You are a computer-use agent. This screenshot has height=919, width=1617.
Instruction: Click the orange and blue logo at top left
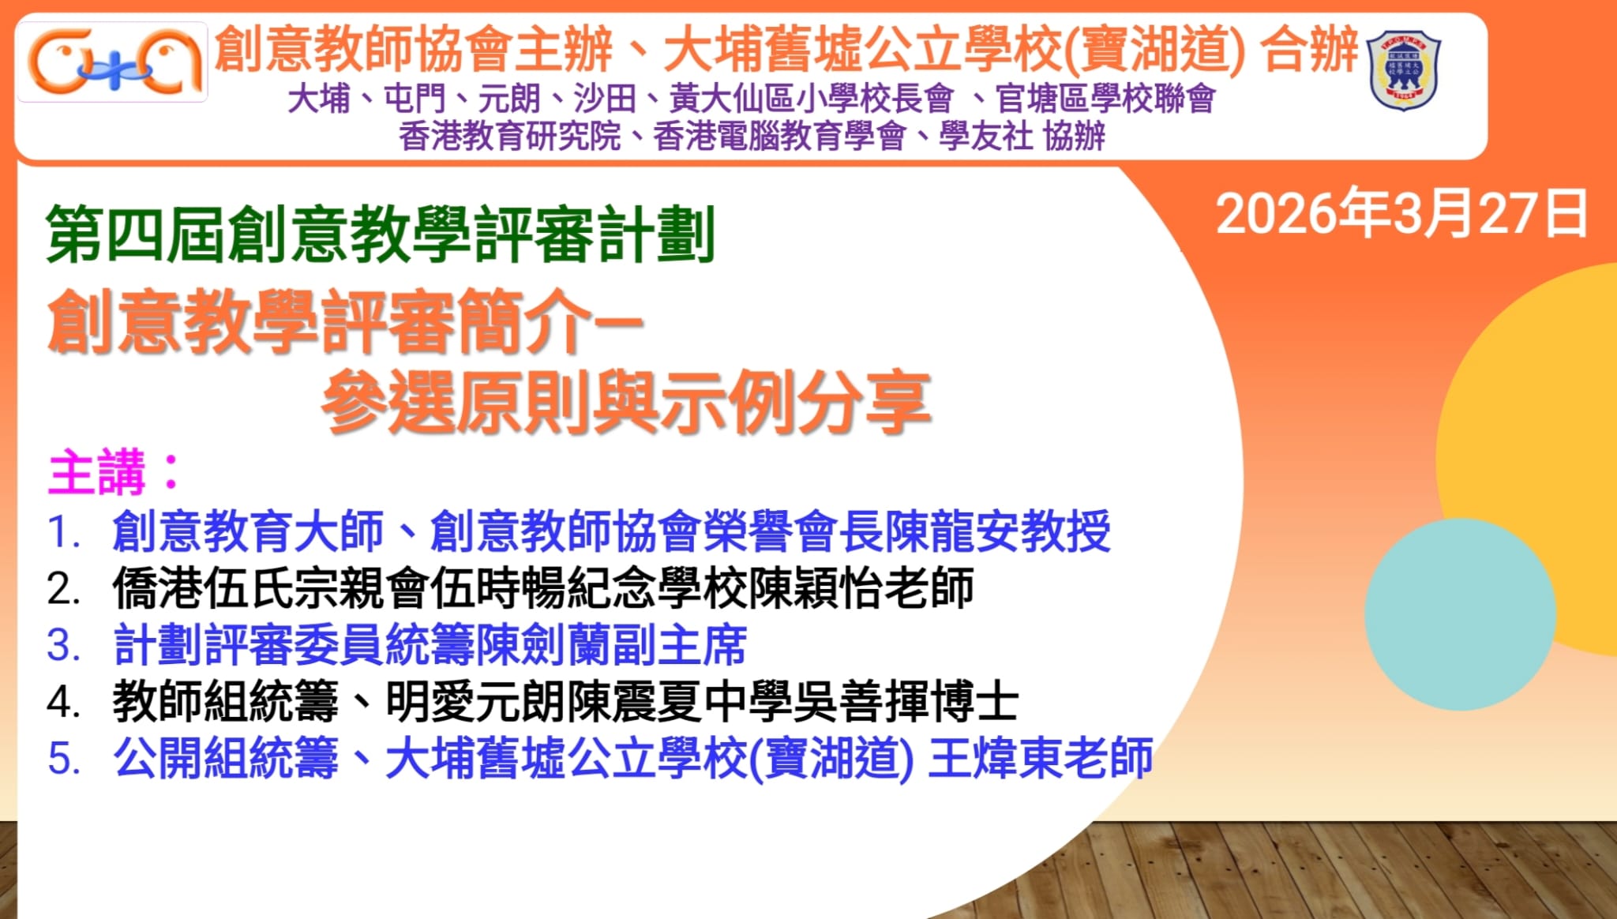pyautogui.click(x=113, y=62)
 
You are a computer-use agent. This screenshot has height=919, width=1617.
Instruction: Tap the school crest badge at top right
pyautogui.click(x=1404, y=70)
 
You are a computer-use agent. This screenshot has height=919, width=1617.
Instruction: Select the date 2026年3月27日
pyautogui.click(x=1401, y=214)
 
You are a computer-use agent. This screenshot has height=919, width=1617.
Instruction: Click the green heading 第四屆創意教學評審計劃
pyautogui.click(x=381, y=234)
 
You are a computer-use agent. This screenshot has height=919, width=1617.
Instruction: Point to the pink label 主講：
pyautogui.click(x=115, y=472)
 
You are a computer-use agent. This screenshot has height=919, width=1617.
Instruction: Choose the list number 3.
pyautogui.click(x=64, y=646)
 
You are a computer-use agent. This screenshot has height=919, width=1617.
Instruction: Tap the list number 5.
pyautogui.click(x=64, y=759)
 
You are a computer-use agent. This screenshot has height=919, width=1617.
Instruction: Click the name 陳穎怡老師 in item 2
pyautogui.click(x=861, y=588)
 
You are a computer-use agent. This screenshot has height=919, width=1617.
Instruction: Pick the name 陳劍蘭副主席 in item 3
pyautogui.click(x=611, y=645)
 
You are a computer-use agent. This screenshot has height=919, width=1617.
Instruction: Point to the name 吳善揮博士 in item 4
pyautogui.click(x=906, y=702)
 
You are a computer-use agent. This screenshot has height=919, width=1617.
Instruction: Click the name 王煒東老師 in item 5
pyautogui.click(x=1041, y=758)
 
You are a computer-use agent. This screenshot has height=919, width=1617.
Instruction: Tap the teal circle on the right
pyautogui.click(x=1460, y=614)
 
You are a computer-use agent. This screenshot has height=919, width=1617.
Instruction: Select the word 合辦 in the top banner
pyautogui.click(x=1309, y=49)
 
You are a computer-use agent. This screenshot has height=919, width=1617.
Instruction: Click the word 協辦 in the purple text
pyautogui.click(x=1074, y=137)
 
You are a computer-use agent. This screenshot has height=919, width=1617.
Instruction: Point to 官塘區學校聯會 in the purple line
pyautogui.click(x=1105, y=99)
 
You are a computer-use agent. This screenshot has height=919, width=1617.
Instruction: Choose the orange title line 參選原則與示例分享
pyautogui.click(x=626, y=403)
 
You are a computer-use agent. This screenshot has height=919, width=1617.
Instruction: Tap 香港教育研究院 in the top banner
pyautogui.click(x=510, y=137)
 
